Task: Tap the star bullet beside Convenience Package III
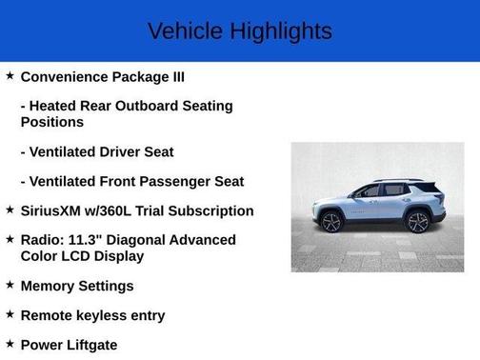pyautogui.click(x=10, y=74)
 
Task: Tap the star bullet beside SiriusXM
pyautogui.click(x=10, y=210)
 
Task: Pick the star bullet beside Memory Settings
pyautogui.click(x=10, y=284)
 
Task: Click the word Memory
pyautogui.click(x=50, y=286)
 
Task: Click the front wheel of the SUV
pyautogui.click(x=332, y=222)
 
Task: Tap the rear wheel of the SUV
pyautogui.click(x=417, y=222)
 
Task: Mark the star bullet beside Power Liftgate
pyautogui.click(x=10, y=343)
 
